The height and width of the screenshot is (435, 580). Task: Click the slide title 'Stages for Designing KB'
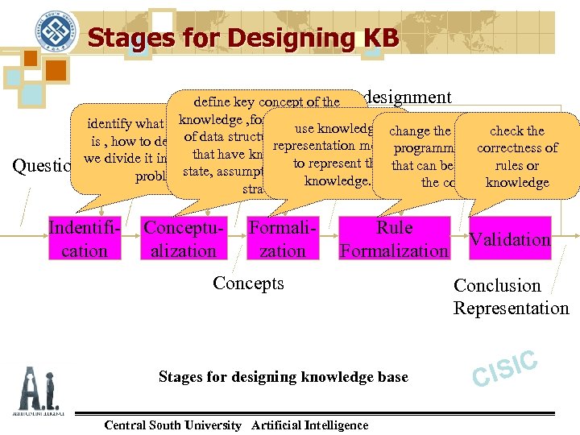coord(242,37)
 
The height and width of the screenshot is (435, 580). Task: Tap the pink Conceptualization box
coord(183,238)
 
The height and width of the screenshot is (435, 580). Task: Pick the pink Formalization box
coord(282,238)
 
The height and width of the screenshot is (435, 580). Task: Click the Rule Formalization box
coord(394,238)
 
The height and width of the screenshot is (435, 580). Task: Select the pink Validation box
coord(510,238)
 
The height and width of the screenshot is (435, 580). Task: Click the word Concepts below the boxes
coord(248,283)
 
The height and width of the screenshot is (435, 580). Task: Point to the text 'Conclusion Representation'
coord(511,296)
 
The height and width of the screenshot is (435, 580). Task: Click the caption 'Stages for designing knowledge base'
coord(283,376)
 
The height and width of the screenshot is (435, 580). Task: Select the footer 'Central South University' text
coord(172,425)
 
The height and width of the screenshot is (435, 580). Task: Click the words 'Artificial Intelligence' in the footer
coord(310,425)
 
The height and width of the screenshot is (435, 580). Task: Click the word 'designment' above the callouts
coord(408,97)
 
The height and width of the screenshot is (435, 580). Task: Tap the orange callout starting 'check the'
coord(517,156)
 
